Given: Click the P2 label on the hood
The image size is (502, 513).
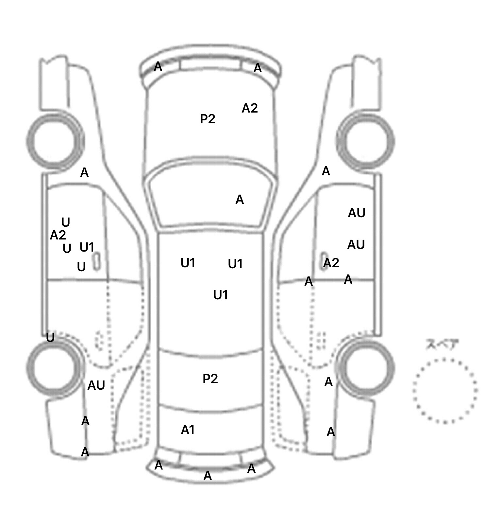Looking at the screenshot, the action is click(x=208, y=119).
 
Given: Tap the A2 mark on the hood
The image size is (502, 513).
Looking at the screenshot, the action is click(x=250, y=108).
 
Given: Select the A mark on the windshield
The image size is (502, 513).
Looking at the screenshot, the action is click(x=240, y=199).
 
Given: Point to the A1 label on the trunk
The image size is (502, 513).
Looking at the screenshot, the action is click(x=188, y=430).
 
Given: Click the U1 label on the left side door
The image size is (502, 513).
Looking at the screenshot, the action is click(x=87, y=247).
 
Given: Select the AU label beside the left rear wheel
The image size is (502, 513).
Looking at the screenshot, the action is click(x=96, y=386).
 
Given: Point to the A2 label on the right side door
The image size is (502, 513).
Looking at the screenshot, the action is click(x=331, y=263).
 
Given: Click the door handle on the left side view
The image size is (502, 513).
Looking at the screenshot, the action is click(x=96, y=261).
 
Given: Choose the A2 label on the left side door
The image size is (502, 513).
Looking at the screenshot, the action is click(x=58, y=235).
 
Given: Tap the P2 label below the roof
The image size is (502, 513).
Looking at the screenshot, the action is click(x=210, y=379).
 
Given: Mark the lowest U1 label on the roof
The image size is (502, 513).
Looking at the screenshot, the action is click(x=221, y=295).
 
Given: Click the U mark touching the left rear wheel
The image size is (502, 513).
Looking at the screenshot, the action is click(x=50, y=337).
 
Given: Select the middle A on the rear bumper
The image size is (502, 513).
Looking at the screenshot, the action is click(x=208, y=476).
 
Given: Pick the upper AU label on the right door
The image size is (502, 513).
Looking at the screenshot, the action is click(x=357, y=213).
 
